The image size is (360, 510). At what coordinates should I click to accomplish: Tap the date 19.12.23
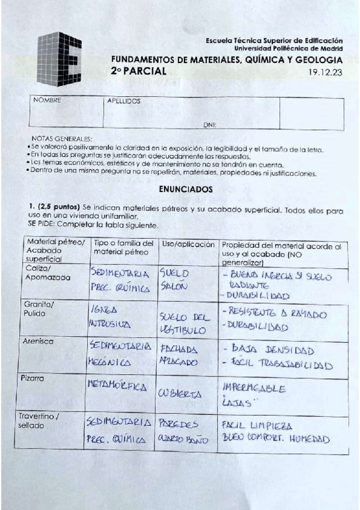[x=325, y=71]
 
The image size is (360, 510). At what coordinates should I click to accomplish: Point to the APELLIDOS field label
[x=123, y=101]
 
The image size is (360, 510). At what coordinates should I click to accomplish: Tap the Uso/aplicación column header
[x=189, y=245]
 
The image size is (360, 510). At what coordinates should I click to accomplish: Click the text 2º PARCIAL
[x=139, y=71]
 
